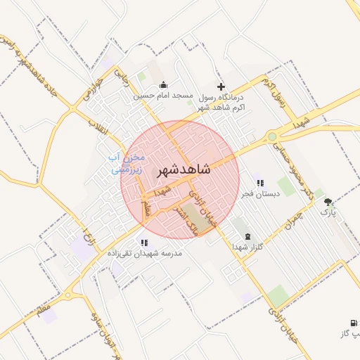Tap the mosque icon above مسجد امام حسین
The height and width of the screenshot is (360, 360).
tap(164, 85)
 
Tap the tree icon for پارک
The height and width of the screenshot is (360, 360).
tap(328, 202)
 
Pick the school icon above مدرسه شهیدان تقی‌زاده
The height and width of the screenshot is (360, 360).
tap(144, 243)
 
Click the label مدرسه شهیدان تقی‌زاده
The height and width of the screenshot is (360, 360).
tap(144, 252)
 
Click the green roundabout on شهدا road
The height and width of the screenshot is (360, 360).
tap(272, 136)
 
